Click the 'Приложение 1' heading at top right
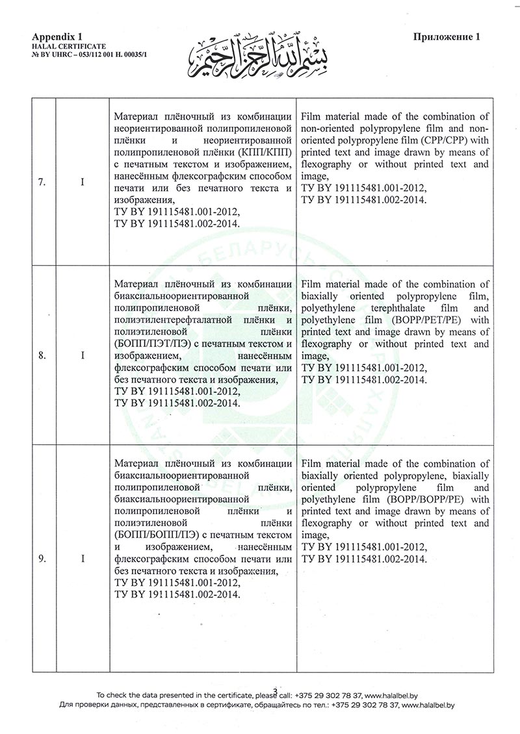click(x=447, y=37)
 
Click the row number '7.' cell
click(x=42, y=182)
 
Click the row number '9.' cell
click(x=42, y=559)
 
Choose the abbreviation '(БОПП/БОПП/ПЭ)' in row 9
click(x=154, y=535)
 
